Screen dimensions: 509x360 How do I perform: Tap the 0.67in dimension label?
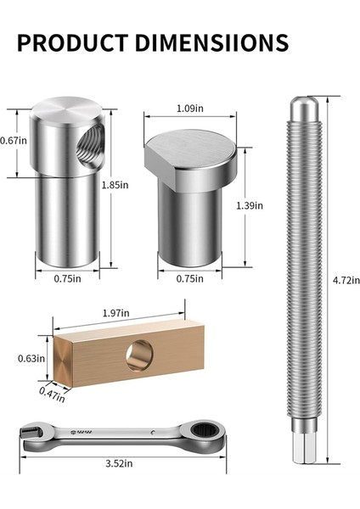[10, 141]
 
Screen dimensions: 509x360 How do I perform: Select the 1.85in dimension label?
[115, 185]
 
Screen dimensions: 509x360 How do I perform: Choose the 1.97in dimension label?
[117, 313]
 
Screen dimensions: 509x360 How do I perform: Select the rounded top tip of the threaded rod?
[302, 109]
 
